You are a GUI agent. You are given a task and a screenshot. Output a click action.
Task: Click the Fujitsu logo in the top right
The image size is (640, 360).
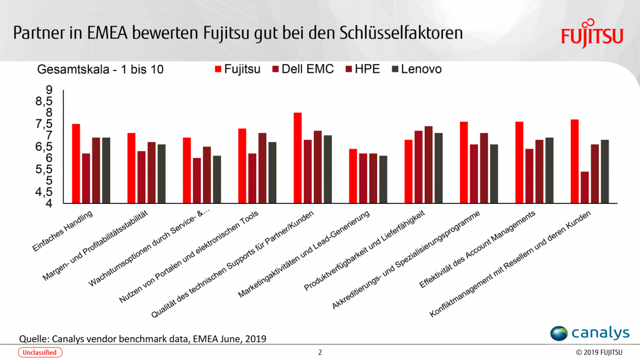(x=592, y=34)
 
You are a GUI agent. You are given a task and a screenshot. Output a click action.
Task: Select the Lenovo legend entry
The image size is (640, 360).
(x=416, y=69)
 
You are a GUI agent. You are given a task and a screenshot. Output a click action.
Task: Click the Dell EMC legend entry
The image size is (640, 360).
(x=303, y=69)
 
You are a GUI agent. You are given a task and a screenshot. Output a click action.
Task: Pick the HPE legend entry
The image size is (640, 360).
(x=363, y=69)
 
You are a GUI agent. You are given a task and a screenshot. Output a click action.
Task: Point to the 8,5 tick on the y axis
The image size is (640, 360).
(x=44, y=101)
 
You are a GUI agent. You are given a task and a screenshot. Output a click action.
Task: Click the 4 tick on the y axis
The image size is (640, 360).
(x=48, y=203)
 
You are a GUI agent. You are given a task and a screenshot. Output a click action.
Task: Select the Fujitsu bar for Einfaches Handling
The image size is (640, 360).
(x=76, y=163)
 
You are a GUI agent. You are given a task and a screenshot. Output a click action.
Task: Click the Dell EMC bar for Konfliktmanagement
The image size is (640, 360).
(x=585, y=187)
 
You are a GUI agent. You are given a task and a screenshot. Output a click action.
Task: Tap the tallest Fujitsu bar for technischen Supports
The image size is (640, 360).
(x=297, y=158)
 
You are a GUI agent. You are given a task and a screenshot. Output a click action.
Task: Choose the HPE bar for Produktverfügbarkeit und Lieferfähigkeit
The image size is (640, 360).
(x=428, y=165)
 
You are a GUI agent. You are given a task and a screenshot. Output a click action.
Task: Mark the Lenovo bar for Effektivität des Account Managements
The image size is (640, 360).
(x=549, y=170)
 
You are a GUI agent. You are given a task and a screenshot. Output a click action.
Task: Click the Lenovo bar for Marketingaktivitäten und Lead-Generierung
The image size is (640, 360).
(x=383, y=180)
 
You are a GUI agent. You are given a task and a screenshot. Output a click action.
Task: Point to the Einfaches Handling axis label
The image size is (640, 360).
(x=63, y=231)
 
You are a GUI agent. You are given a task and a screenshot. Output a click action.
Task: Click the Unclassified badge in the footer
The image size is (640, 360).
(x=40, y=353)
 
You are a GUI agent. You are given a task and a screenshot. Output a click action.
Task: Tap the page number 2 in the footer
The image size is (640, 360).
(x=320, y=353)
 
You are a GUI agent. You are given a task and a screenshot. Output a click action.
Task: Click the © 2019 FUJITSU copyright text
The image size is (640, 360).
(x=599, y=353)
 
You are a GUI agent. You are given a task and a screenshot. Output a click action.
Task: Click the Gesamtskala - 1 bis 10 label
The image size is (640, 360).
(x=100, y=70)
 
